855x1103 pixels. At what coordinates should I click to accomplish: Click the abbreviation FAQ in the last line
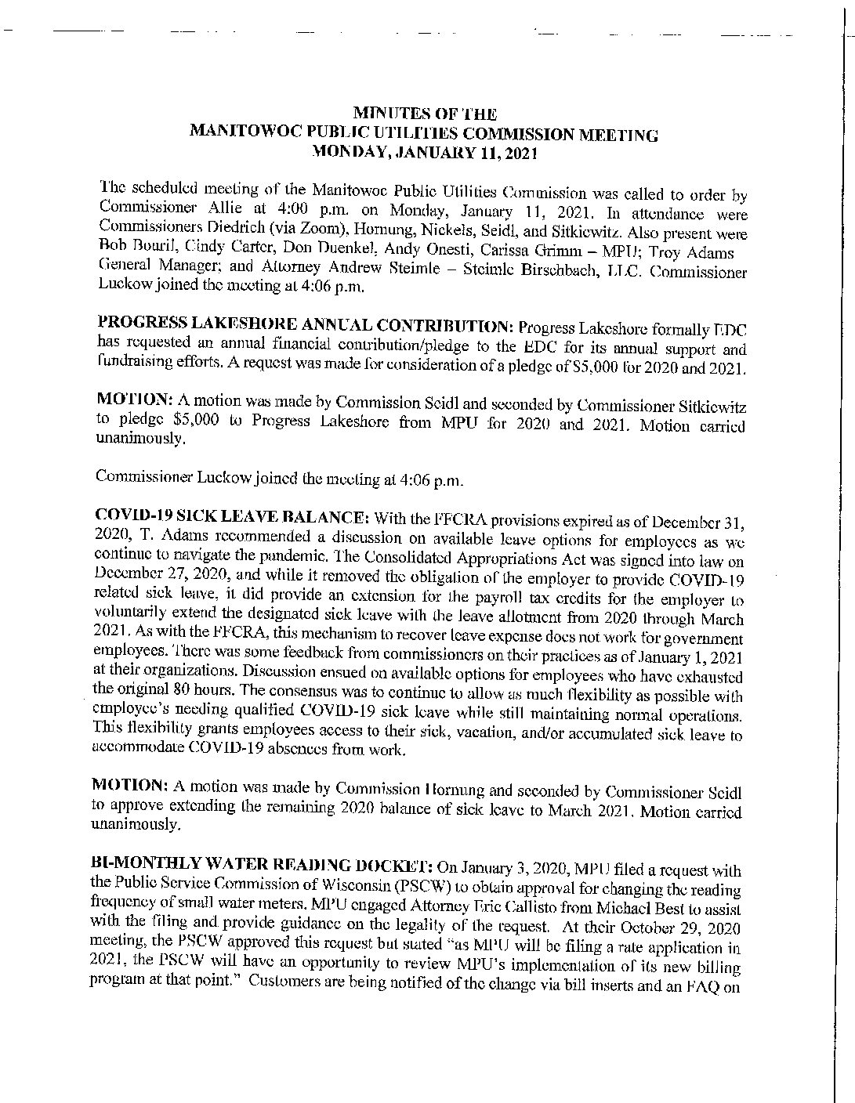coord(705,984)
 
